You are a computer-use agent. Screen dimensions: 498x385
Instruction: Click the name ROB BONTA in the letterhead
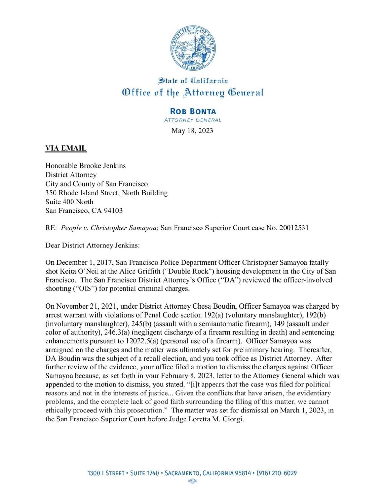coord(193,111)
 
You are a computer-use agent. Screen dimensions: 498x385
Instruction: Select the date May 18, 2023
coord(192,131)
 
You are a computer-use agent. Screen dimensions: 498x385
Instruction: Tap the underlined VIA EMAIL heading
coord(66,148)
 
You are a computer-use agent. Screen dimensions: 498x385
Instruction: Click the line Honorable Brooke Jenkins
coord(85,166)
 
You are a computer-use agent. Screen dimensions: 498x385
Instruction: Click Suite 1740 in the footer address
coord(144,473)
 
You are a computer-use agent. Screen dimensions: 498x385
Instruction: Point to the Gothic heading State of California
coord(193,80)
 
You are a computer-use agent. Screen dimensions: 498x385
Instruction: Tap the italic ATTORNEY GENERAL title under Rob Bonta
coord(193,120)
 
